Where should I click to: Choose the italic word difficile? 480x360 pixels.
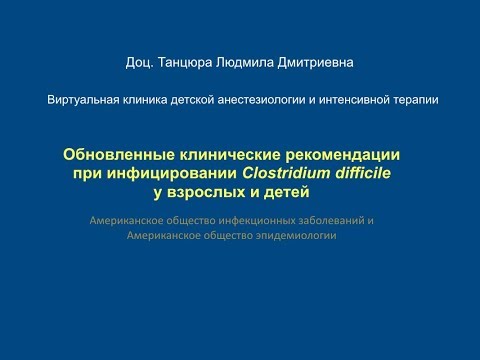click(374, 173)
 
